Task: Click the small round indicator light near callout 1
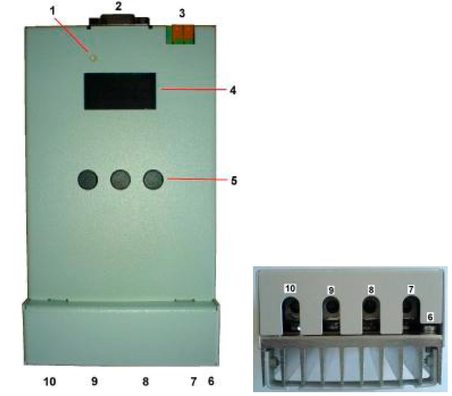[93, 59]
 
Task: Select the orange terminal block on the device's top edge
[181, 35]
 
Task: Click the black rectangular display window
[120, 91]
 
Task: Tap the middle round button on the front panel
[121, 180]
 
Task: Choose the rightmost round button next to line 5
[153, 180]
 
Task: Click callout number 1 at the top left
[52, 11]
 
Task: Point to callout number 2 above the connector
[118, 6]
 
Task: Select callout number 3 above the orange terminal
[182, 13]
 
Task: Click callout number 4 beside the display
[233, 90]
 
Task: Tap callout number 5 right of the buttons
[234, 181]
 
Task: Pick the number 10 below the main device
[49, 381]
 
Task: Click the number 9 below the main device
[94, 381]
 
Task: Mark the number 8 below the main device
[146, 381]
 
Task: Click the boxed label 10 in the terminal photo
[290, 289]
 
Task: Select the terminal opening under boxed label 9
[331, 316]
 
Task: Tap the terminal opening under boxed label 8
[371, 316]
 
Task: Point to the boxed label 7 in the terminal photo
[411, 289]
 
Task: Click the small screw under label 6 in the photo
[430, 329]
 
